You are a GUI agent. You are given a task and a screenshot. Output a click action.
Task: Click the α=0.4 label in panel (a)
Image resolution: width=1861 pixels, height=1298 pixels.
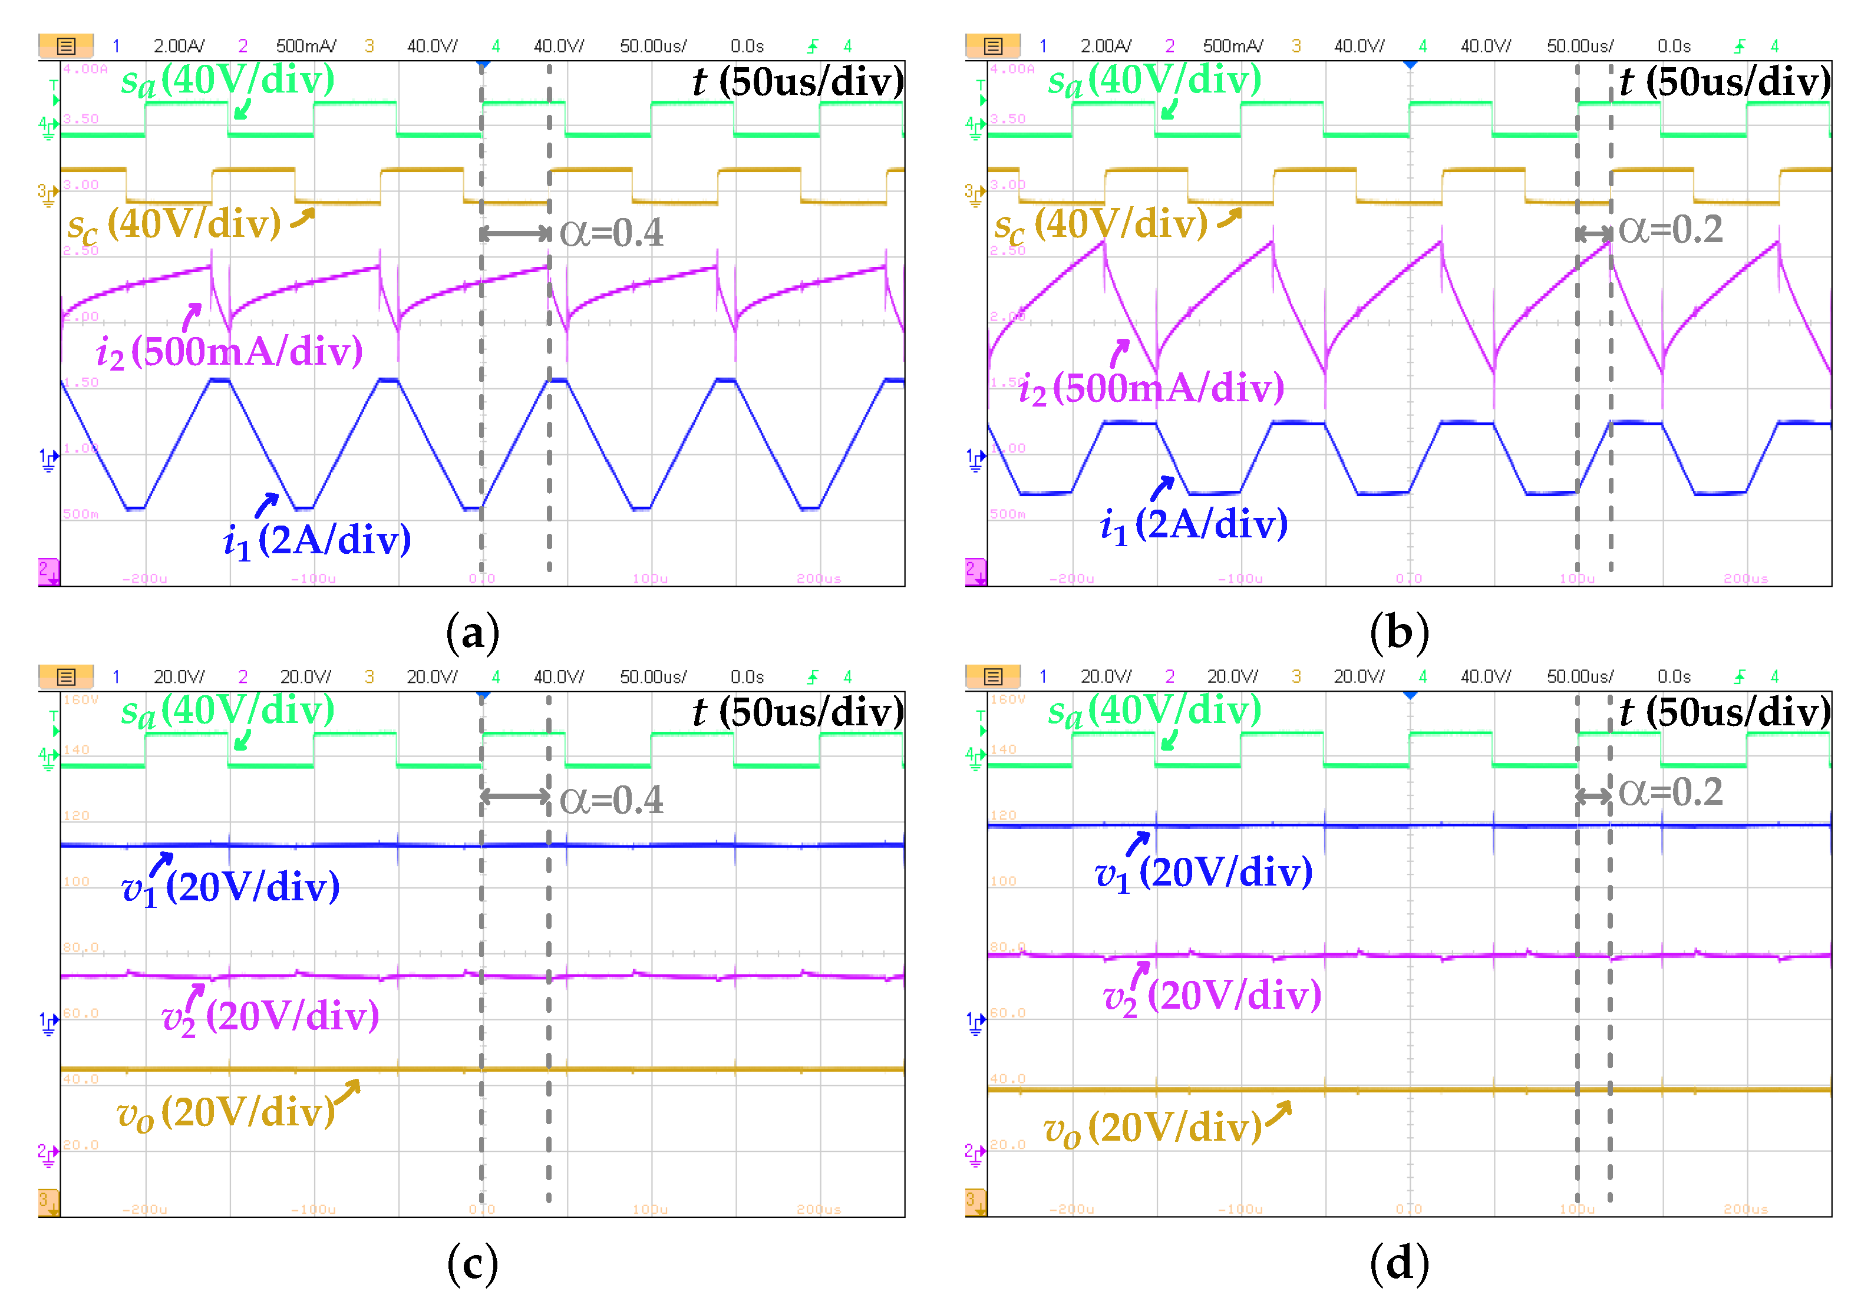[611, 233]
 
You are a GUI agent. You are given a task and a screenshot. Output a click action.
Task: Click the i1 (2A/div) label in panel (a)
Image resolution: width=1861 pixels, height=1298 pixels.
[317, 540]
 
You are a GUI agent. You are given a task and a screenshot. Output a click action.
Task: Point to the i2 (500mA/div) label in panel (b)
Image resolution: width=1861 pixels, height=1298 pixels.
[1151, 388]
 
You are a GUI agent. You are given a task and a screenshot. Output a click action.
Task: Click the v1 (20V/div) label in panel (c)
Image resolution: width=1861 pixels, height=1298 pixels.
[230, 887]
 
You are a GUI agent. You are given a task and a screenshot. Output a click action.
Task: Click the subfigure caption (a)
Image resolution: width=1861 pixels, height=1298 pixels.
[473, 633]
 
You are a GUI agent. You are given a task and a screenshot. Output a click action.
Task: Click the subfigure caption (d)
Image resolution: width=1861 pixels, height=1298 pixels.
[1399, 1263]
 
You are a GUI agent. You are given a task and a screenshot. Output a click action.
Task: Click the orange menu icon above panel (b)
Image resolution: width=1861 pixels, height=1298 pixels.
[992, 46]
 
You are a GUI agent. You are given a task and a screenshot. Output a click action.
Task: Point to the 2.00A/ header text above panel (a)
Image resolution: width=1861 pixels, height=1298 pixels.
[179, 46]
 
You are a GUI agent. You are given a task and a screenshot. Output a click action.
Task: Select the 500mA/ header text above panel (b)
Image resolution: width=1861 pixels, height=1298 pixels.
[1232, 46]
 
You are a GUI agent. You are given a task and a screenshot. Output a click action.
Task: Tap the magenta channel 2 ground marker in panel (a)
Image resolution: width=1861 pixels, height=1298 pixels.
[48, 571]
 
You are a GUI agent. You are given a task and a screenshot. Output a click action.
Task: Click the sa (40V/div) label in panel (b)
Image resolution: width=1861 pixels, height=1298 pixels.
[1154, 80]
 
